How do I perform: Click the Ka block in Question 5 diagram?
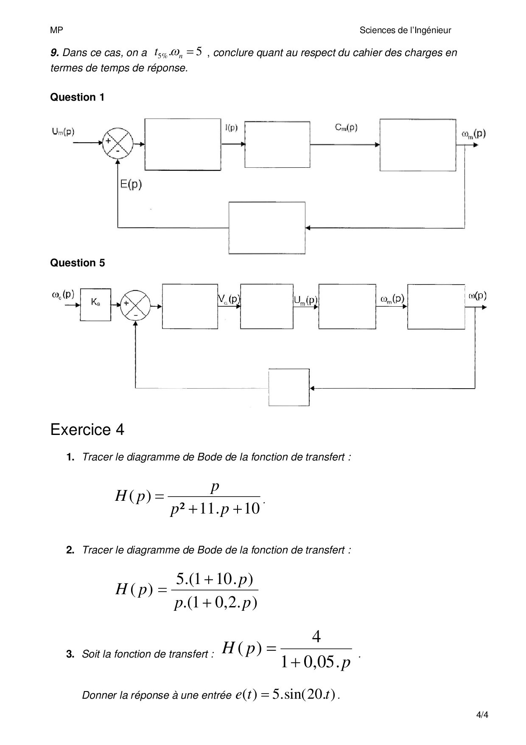coord(95,305)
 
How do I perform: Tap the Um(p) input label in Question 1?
coord(63,132)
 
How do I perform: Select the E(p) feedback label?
coord(131,184)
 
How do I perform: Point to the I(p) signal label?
coord(232,127)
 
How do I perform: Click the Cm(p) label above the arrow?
coord(346,127)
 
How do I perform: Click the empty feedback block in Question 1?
coord(267,228)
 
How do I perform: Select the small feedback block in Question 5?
coord(289,387)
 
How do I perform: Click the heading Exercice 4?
coord(87,430)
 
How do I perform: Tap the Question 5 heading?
coord(78,263)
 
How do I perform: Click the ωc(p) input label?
coord(63,294)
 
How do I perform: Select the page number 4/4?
coord(482,715)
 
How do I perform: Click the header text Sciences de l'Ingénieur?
coord(405,30)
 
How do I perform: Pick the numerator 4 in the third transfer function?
coord(316,636)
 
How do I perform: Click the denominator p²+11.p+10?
coord(215,508)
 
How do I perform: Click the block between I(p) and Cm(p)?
coord(277,145)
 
